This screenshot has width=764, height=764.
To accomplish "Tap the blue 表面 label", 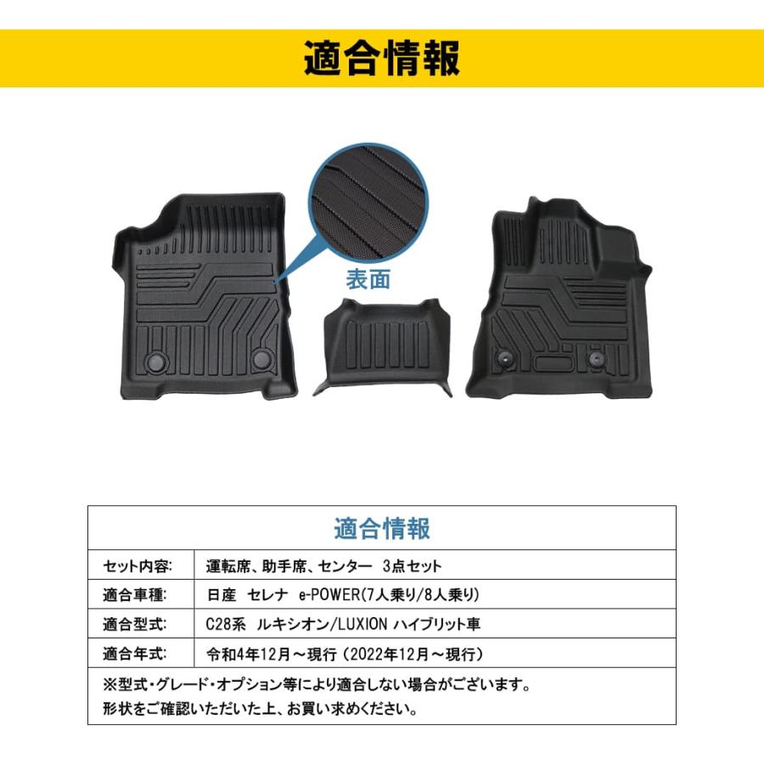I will pyautogui.click(x=368, y=279).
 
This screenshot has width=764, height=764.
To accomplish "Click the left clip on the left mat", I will pyautogui.click(x=156, y=361).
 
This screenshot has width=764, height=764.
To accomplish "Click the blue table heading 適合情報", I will pyautogui.click(x=382, y=528).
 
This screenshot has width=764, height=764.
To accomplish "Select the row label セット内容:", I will pyautogui.click(x=138, y=565).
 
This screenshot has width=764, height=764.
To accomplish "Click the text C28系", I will pyautogui.click(x=226, y=624).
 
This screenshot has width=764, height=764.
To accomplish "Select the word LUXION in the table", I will pyautogui.click(x=362, y=624).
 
